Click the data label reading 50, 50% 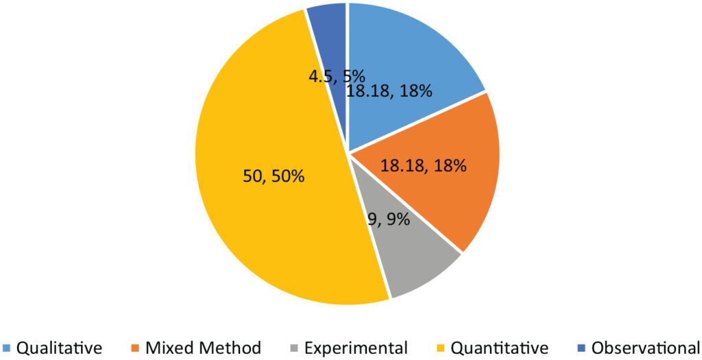click(x=274, y=176)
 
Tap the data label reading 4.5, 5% click(x=336, y=75)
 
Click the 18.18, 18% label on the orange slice click(x=424, y=165)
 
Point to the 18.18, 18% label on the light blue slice click(x=389, y=91)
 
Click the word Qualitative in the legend click(x=59, y=348)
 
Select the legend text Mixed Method click(x=203, y=348)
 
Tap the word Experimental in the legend click(x=356, y=348)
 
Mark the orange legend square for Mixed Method click(x=136, y=348)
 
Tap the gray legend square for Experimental click(x=295, y=348)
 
